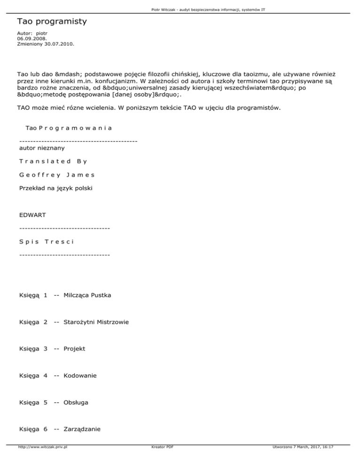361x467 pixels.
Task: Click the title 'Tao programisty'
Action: (52, 22)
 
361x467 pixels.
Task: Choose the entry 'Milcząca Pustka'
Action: (87, 296)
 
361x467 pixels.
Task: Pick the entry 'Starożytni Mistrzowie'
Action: (96, 322)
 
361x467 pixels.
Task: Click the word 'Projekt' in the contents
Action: (75, 349)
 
